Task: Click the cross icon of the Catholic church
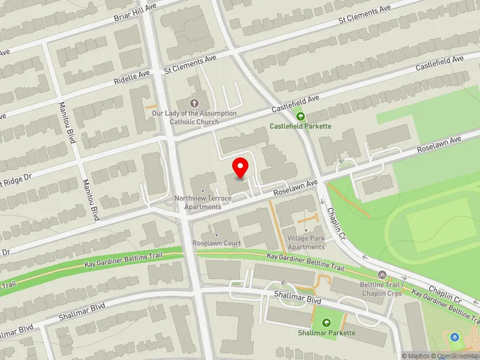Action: [x=194, y=103]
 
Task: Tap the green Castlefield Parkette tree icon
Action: [x=301, y=116]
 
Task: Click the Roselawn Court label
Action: [x=217, y=243]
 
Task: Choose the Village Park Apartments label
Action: [x=305, y=242]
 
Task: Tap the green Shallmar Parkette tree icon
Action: [x=326, y=323]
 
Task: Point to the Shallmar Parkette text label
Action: [x=326, y=333]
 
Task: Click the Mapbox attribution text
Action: [x=416, y=356]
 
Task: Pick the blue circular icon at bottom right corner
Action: [x=454, y=337]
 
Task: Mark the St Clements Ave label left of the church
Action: [x=190, y=63]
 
